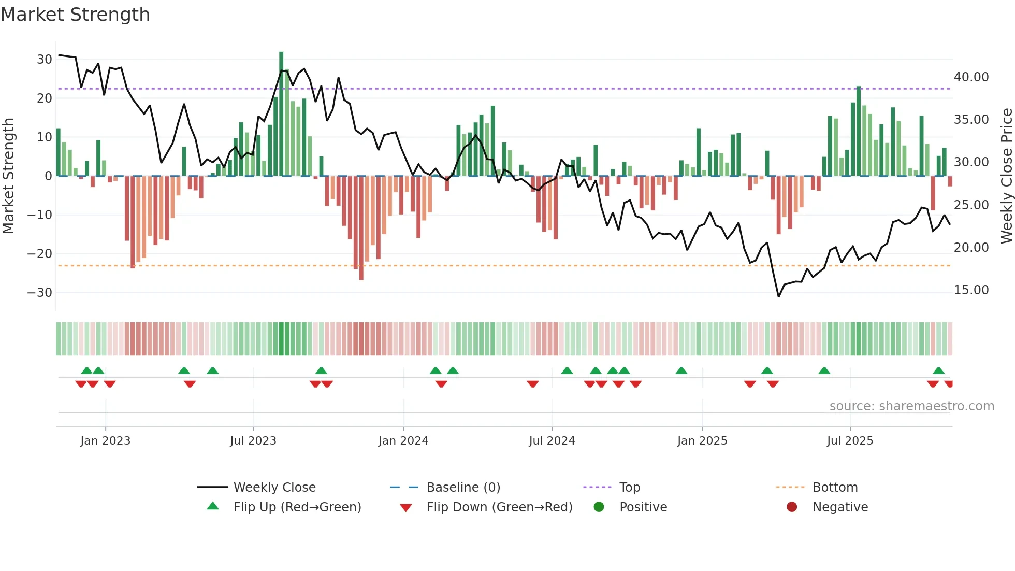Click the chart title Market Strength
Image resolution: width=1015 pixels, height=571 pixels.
[75, 15]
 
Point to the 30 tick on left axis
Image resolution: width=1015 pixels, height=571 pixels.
[45, 60]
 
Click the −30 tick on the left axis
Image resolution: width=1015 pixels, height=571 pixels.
[40, 293]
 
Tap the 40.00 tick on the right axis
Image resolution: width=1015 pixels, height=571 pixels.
[971, 77]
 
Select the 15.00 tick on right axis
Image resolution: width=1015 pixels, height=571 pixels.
[971, 290]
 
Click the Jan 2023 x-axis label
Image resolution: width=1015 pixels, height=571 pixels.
[106, 441]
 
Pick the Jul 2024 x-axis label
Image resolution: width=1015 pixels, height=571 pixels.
[552, 441]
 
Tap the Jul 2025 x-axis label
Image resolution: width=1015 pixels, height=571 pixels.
[850, 441]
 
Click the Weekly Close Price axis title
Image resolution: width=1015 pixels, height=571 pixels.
[1006, 176]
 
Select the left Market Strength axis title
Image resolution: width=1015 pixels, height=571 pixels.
[8, 176]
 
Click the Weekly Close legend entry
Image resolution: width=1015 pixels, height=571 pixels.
[274, 488]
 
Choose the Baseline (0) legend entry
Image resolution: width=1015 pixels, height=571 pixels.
[463, 488]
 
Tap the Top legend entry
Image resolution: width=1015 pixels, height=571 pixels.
[630, 488]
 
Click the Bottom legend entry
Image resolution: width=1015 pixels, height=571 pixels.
[835, 488]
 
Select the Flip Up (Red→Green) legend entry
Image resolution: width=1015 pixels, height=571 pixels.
[297, 507]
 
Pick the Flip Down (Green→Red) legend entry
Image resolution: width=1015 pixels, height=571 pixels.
[499, 507]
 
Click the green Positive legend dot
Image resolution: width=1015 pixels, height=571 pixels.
[599, 507]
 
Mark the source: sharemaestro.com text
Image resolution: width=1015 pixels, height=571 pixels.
[911, 406]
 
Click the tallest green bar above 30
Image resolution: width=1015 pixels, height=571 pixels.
[281, 114]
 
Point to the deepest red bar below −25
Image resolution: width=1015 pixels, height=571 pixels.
[361, 228]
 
